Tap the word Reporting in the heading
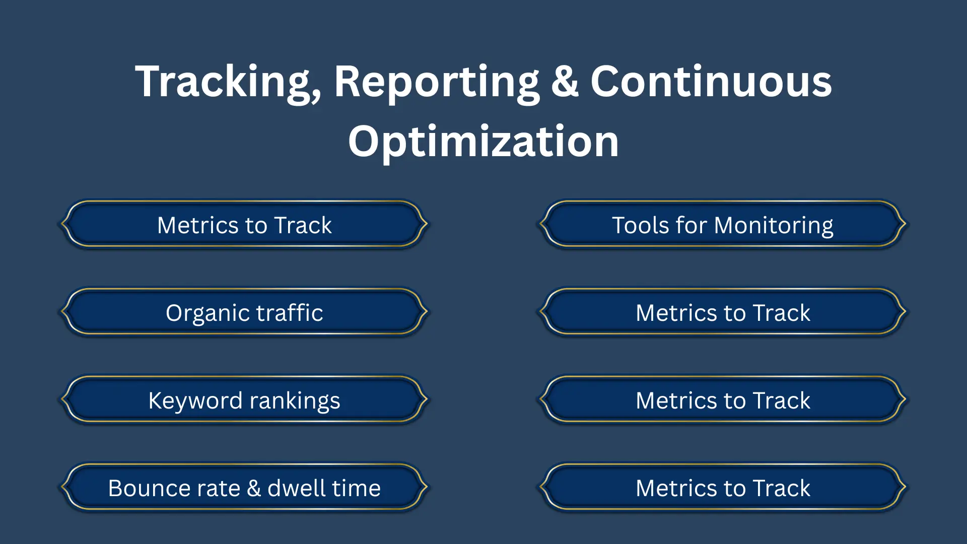436,82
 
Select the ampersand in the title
565,82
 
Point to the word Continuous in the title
711,82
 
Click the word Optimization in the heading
483,142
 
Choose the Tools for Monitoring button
723,225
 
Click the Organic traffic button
244,312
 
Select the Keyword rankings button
244,400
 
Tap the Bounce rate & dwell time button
244,488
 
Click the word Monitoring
774,225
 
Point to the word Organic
206,313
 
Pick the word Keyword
195,400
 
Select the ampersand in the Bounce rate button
254,488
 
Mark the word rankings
295,401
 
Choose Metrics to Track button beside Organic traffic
723,312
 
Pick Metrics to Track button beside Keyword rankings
723,400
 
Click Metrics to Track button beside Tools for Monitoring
244,225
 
